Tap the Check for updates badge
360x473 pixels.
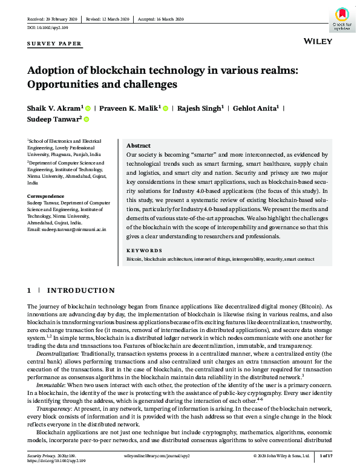point(342,19)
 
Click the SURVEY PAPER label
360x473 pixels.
point(54,44)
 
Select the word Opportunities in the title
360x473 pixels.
point(64,84)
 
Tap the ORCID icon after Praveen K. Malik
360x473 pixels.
point(165,108)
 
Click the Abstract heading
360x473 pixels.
point(139,146)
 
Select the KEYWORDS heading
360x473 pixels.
point(144,250)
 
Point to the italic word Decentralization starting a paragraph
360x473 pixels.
point(57,352)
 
